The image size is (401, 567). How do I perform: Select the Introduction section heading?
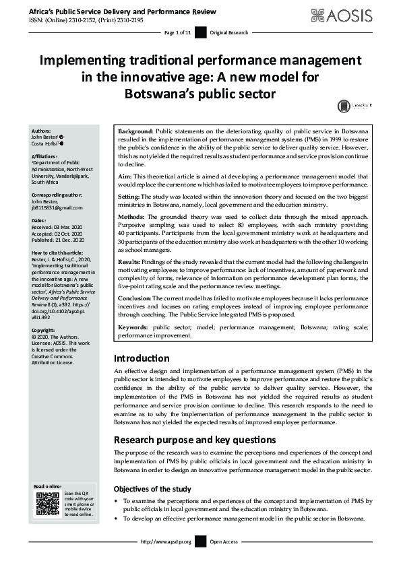142,358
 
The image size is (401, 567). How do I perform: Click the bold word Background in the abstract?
135,130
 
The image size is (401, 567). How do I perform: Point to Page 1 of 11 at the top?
178,32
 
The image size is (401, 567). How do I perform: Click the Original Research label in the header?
229,32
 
